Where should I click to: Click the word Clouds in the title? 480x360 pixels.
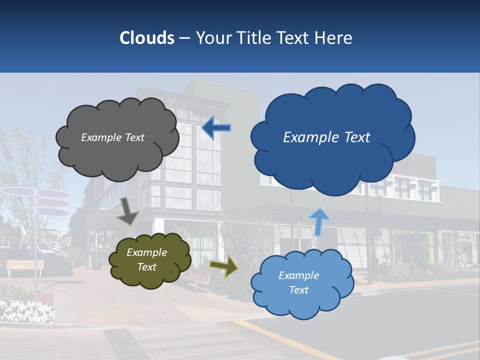tap(147, 38)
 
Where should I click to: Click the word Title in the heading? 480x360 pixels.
tap(253, 38)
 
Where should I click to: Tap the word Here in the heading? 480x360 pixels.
tap(334, 38)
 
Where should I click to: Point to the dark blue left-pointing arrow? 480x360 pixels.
tap(216, 128)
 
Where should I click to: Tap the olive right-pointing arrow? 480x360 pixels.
tap(223, 266)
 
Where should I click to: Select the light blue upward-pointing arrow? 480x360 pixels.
tap(319, 221)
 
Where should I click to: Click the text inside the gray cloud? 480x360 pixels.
tap(112, 137)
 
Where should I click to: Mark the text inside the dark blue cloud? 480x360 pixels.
tap(326, 137)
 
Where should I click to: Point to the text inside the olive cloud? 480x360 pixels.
tap(146, 259)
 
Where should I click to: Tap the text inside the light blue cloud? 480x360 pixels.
tap(298, 282)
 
